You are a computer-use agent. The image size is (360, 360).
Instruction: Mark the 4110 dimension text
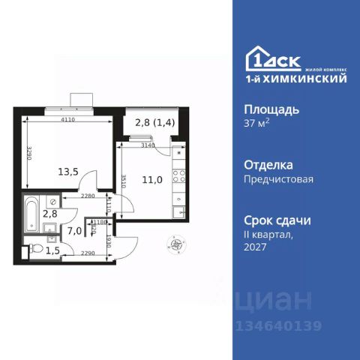pyautogui.click(x=72, y=118)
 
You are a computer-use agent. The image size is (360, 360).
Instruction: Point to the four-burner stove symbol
pyautogui.click(x=181, y=178)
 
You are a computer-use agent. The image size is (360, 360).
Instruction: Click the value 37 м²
pyautogui.click(x=260, y=124)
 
